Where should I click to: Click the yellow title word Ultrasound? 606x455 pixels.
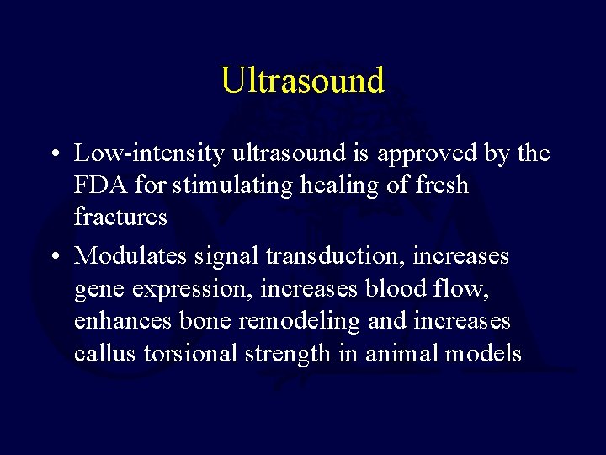coord(302,80)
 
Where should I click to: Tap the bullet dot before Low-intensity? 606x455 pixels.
coord(52,154)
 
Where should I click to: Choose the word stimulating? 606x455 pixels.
coord(242,185)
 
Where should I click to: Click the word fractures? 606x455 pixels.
coord(120,217)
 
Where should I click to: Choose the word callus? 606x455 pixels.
coord(105,352)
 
